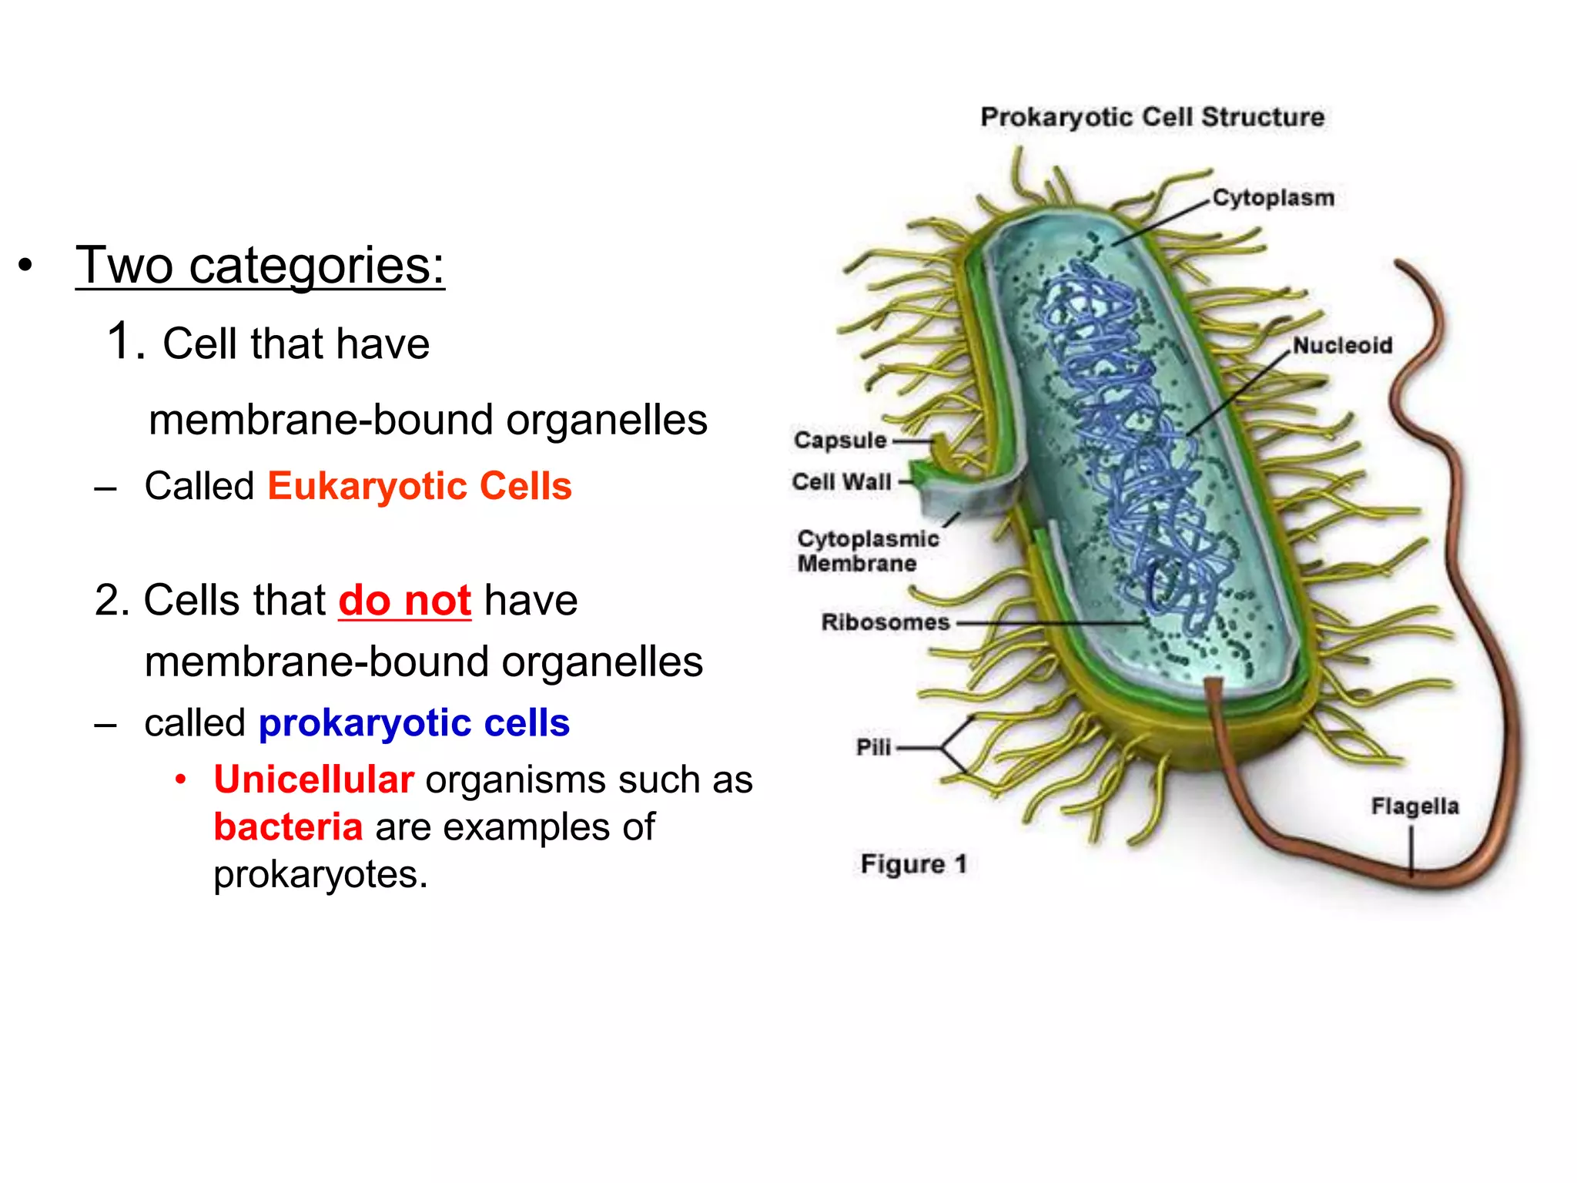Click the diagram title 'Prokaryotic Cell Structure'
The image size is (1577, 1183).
pyautogui.click(x=1152, y=117)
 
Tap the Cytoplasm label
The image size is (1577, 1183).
pyautogui.click(x=1274, y=198)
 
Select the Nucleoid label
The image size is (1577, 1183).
pyautogui.click(x=1343, y=346)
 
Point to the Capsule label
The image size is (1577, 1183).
pyautogui.click(x=840, y=441)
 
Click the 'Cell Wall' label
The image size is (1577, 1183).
pyautogui.click(x=842, y=482)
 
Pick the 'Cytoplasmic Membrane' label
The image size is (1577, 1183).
pyautogui.click(x=867, y=551)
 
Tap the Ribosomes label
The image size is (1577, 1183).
pyautogui.click(x=886, y=622)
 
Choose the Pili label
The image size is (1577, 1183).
pyautogui.click(x=873, y=747)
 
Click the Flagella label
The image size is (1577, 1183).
pyautogui.click(x=1415, y=806)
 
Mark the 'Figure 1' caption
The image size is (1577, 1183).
pyautogui.click(x=913, y=864)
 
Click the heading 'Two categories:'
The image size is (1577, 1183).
pyautogui.click(x=260, y=266)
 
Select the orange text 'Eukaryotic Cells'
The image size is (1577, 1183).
pyautogui.click(x=420, y=487)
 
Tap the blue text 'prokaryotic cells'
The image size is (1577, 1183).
pyautogui.click(x=414, y=723)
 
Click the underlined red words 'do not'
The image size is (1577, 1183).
pyautogui.click(x=404, y=601)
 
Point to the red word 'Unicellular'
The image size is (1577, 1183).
pyautogui.click(x=314, y=780)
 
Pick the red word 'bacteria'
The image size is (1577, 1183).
pyautogui.click(x=288, y=827)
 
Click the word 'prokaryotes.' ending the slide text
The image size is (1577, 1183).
pyautogui.click(x=320, y=875)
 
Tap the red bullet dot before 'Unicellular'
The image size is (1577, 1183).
pyautogui.click(x=181, y=779)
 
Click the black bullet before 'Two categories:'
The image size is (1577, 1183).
pyautogui.click(x=26, y=266)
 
